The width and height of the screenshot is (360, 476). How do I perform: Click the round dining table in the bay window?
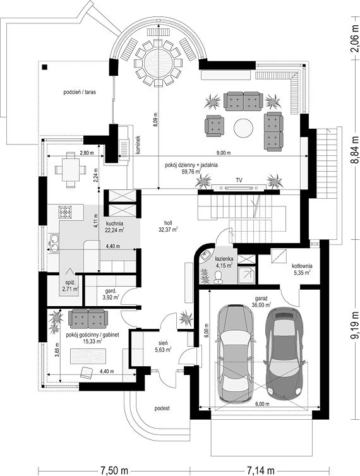point(159,63)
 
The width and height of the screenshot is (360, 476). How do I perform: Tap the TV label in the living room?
point(239,181)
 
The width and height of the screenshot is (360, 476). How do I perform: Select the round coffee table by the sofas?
point(243,128)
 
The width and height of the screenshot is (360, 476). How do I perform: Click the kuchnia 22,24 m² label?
point(114,227)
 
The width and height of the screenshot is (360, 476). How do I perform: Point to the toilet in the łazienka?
point(218,277)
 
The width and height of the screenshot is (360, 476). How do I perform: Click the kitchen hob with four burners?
point(65,212)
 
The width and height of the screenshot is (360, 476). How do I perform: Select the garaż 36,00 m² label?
point(261,302)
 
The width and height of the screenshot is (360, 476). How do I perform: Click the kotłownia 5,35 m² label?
point(302,270)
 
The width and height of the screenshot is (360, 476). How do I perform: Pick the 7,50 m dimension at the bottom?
point(114,470)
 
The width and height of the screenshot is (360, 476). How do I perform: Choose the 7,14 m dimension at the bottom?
point(260,470)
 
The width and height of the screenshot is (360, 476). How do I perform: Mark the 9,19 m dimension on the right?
point(354,324)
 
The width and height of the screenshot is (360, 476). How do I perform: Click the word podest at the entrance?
point(162,408)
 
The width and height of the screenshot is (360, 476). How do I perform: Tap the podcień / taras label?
point(80,92)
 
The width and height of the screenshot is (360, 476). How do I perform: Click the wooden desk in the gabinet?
point(88,356)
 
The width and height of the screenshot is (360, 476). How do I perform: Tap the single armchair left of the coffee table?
point(215,126)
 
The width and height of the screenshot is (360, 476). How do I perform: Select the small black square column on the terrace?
point(45,68)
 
